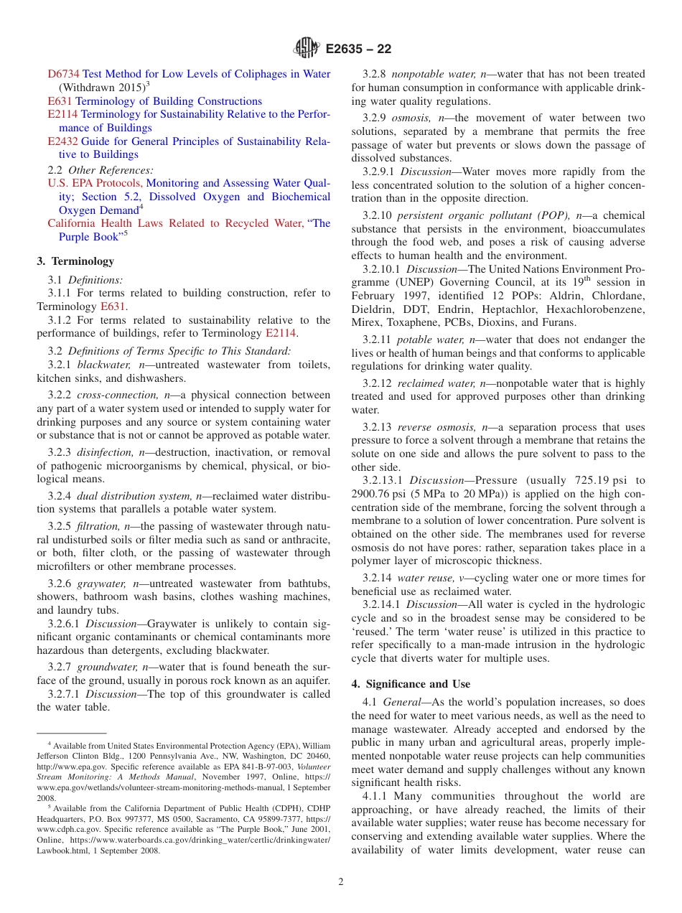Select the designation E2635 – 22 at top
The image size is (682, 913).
[358, 50]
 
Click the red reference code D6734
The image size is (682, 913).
[63, 74]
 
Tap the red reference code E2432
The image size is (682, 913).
[63, 141]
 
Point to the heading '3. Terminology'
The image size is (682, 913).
[75, 261]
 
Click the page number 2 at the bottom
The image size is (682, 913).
[341, 881]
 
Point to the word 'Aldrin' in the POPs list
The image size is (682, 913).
[562, 296]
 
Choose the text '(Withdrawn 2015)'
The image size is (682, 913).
[101, 88]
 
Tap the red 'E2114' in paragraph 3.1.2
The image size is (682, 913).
[280, 333]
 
